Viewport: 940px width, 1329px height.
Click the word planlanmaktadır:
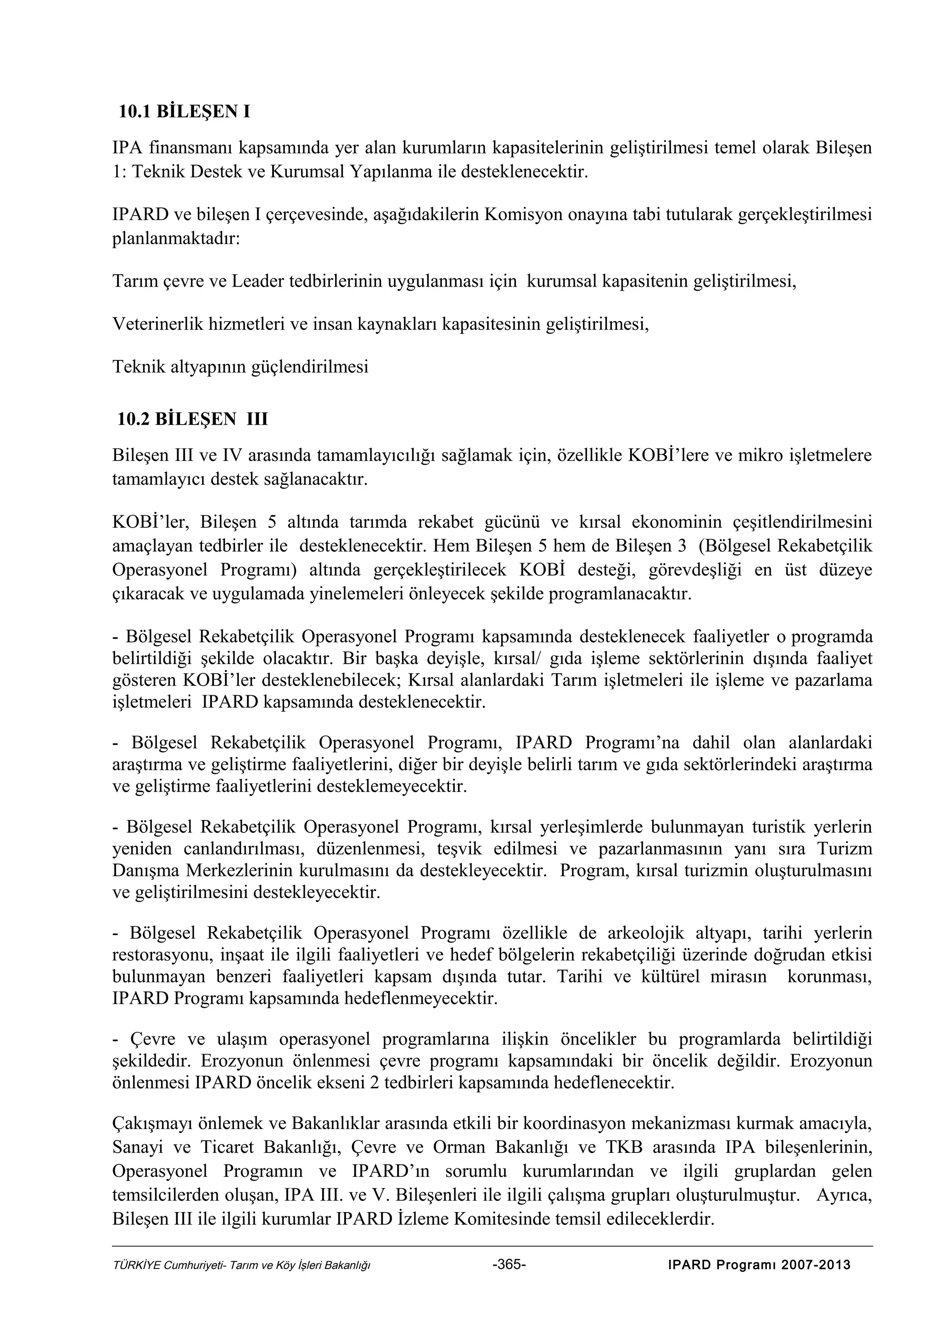point(175,238)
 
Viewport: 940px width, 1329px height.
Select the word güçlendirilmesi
point(309,366)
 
